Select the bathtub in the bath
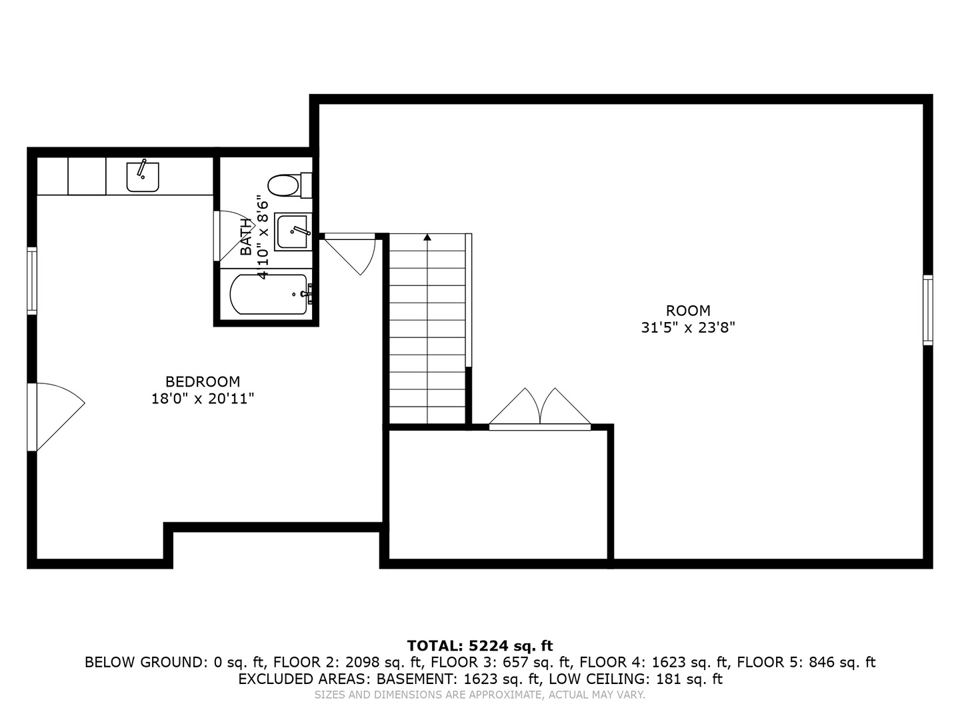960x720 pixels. click(x=268, y=295)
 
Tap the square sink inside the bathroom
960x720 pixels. click(x=292, y=232)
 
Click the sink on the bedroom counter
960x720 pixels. click(x=143, y=177)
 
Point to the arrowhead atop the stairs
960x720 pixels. click(x=427, y=237)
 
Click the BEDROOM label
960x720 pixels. click(x=203, y=381)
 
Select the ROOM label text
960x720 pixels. click(x=688, y=311)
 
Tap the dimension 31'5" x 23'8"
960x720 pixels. click(x=688, y=328)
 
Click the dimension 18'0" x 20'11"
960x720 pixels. click(x=203, y=399)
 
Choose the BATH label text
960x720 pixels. click(x=247, y=237)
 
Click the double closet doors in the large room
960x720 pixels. click(x=540, y=408)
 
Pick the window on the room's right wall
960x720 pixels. click(x=927, y=310)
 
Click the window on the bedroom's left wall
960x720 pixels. click(x=32, y=280)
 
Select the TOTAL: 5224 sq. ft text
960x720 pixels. click(x=480, y=645)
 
